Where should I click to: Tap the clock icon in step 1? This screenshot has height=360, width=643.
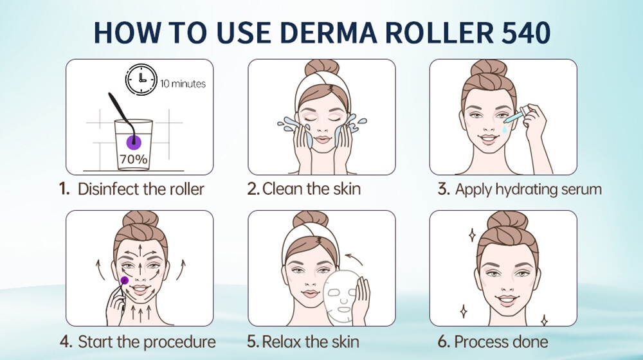click(x=141, y=79)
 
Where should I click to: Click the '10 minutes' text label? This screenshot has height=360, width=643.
click(x=183, y=84)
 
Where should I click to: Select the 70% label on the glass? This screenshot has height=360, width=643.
click(x=134, y=159)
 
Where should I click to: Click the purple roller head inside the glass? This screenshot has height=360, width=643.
click(x=134, y=142)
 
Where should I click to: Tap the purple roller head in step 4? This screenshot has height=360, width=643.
click(x=124, y=280)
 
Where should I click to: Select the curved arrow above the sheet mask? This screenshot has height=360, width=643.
click(x=354, y=258)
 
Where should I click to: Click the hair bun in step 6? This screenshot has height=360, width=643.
click(x=507, y=221)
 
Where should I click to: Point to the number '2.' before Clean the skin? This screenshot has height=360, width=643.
click(x=253, y=189)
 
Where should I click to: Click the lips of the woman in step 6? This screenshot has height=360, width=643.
click(x=507, y=300)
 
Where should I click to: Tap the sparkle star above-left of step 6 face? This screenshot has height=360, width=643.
click(x=472, y=235)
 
